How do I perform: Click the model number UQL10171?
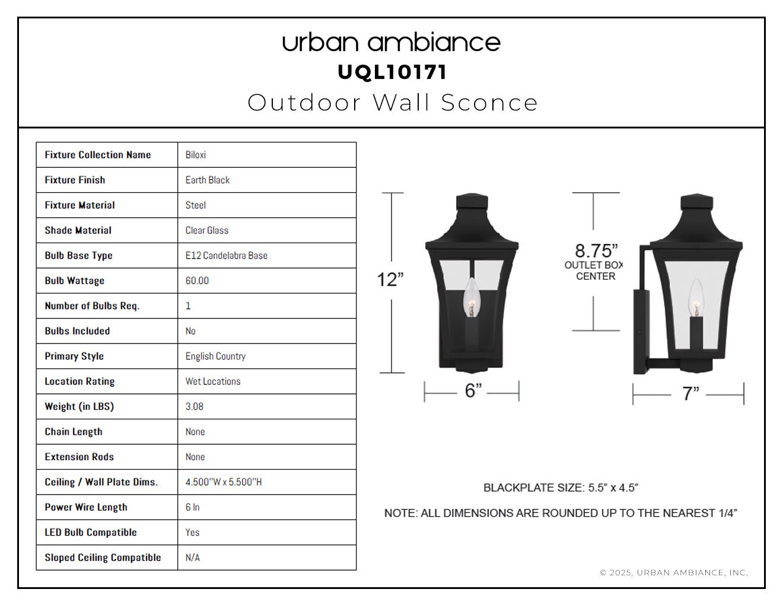[392, 72]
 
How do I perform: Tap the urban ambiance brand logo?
[391, 43]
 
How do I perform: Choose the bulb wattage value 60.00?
[197, 281]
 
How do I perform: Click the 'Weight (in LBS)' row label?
[79, 406]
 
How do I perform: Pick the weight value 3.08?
[194, 406]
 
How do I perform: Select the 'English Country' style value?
[215, 356]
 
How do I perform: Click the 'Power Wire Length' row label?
[86, 507]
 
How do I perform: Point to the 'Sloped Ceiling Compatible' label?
[103, 558]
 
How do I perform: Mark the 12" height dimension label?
[390, 279]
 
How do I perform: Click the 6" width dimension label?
[473, 391]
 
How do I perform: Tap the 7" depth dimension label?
[690, 393]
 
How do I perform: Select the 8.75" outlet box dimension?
[596, 250]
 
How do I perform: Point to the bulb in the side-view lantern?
[696, 298]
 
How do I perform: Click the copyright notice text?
[674, 573]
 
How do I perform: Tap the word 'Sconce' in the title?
[489, 103]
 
